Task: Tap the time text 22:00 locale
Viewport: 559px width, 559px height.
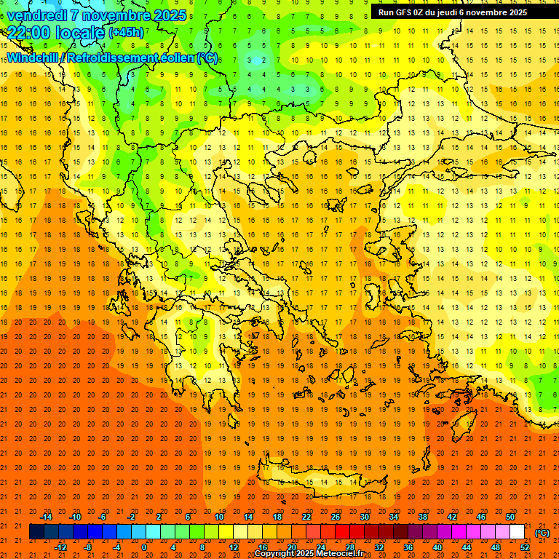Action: coord(55,33)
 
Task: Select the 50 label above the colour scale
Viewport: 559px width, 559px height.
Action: coord(510,517)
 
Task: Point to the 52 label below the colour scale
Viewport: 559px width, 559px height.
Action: coord(524,547)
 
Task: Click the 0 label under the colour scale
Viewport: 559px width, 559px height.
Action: coord(144,547)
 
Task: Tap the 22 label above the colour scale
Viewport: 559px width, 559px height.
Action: coord(306,517)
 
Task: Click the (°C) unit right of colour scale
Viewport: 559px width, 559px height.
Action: coord(542,532)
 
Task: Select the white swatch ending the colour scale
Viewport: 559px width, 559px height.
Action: coord(517,532)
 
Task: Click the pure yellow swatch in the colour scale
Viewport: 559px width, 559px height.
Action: coord(226,532)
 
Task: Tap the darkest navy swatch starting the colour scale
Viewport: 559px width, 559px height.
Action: coord(36,532)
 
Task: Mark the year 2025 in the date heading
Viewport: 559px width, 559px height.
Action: coord(167,15)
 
